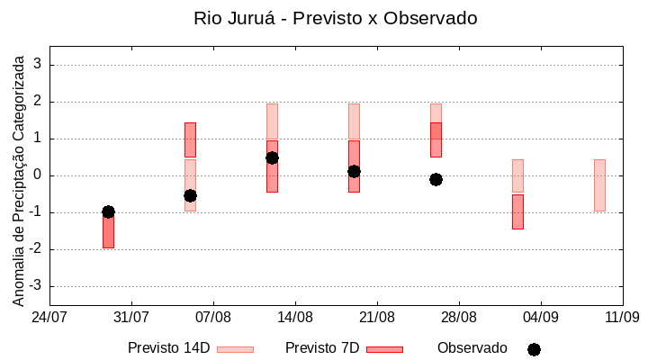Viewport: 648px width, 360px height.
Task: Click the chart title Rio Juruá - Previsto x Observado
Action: (x=335, y=18)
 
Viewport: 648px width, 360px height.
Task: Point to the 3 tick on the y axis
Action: (x=38, y=65)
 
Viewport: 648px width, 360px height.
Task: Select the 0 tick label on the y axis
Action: (x=38, y=175)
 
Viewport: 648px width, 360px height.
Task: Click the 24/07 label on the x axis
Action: (x=49, y=317)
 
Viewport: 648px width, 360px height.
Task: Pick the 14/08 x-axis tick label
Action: (x=295, y=317)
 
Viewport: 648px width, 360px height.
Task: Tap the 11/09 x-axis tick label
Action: (x=622, y=317)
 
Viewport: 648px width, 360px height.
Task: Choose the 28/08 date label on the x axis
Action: (x=459, y=317)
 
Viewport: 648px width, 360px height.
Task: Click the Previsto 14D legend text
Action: (x=168, y=348)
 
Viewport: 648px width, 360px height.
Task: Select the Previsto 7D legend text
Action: (x=321, y=348)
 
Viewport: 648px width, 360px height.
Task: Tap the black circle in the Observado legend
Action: (x=534, y=349)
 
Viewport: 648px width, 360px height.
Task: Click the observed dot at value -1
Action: (x=108, y=211)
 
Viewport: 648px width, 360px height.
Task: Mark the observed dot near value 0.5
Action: (x=272, y=157)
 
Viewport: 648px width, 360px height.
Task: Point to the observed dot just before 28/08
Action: (x=436, y=179)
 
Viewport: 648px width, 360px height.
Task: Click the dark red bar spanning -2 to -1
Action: (x=108, y=230)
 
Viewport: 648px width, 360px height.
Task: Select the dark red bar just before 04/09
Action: (x=517, y=211)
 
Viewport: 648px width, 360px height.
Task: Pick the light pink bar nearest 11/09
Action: (x=599, y=184)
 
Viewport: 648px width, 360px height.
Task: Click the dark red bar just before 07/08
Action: (x=190, y=139)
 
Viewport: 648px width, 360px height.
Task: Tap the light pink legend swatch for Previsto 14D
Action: (x=235, y=349)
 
